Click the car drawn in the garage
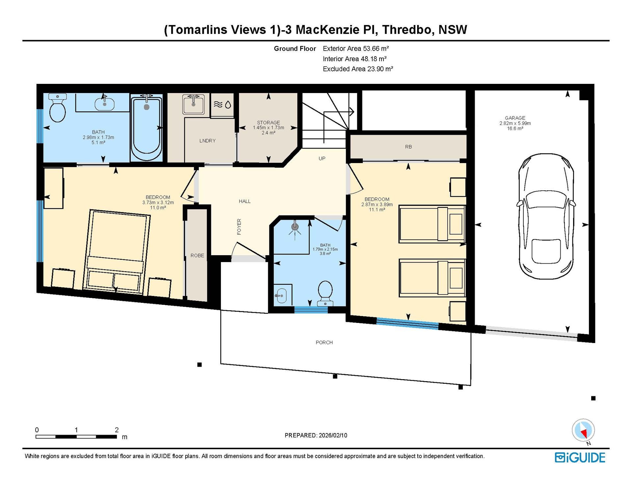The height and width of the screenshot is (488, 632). (546, 216)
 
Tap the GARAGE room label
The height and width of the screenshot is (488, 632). (515, 118)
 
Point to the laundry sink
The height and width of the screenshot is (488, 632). (193, 104)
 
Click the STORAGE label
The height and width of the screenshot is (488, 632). (268, 123)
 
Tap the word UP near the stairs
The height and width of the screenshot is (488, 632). (322, 159)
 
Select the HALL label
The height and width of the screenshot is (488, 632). (245, 201)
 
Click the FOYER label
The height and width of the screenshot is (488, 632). (239, 227)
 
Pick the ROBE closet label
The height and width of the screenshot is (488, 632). (197, 256)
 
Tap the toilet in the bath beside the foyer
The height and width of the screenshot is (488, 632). (325, 293)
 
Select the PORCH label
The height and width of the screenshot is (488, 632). (324, 342)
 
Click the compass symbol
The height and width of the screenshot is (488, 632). (583, 430)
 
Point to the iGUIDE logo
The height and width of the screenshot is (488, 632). (580, 457)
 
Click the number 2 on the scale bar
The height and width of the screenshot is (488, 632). (117, 429)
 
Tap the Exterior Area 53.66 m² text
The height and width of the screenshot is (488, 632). (356, 49)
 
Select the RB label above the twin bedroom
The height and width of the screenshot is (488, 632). (408, 147)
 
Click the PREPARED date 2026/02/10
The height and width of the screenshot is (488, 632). (333, 435)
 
